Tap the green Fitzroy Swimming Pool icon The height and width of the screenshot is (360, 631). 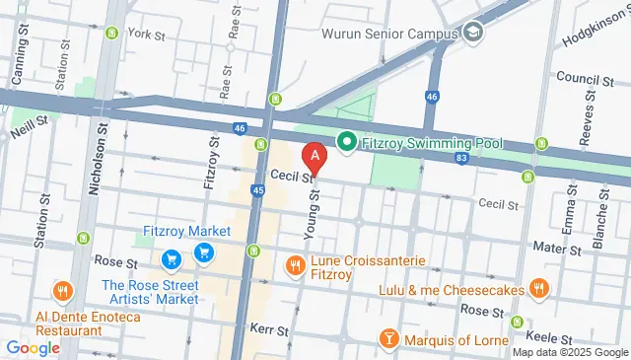[x=346, y=142]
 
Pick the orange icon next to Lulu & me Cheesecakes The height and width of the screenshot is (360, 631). [x=538, y=289]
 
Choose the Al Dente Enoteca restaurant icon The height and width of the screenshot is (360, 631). [x=64, y=290]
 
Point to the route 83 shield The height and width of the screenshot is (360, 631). [x=461, y=158]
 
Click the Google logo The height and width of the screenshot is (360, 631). [x=33, y=347]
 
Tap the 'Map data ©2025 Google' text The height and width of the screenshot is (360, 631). [x=570, y=352]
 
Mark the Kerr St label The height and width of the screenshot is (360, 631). [x=268, y=327]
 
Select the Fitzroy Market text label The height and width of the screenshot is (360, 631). [x=187, y=231]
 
